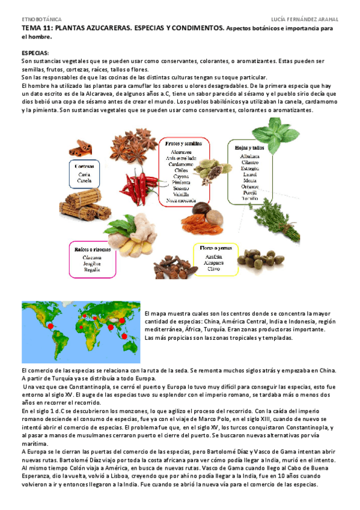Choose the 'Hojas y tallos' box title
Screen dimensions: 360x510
pyautogui.click(x=246, y=147)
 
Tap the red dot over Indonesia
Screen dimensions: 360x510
pyautogui.click(x=127, y=336)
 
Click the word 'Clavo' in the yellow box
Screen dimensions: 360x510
pyautogui.click(x=214, y=269)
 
